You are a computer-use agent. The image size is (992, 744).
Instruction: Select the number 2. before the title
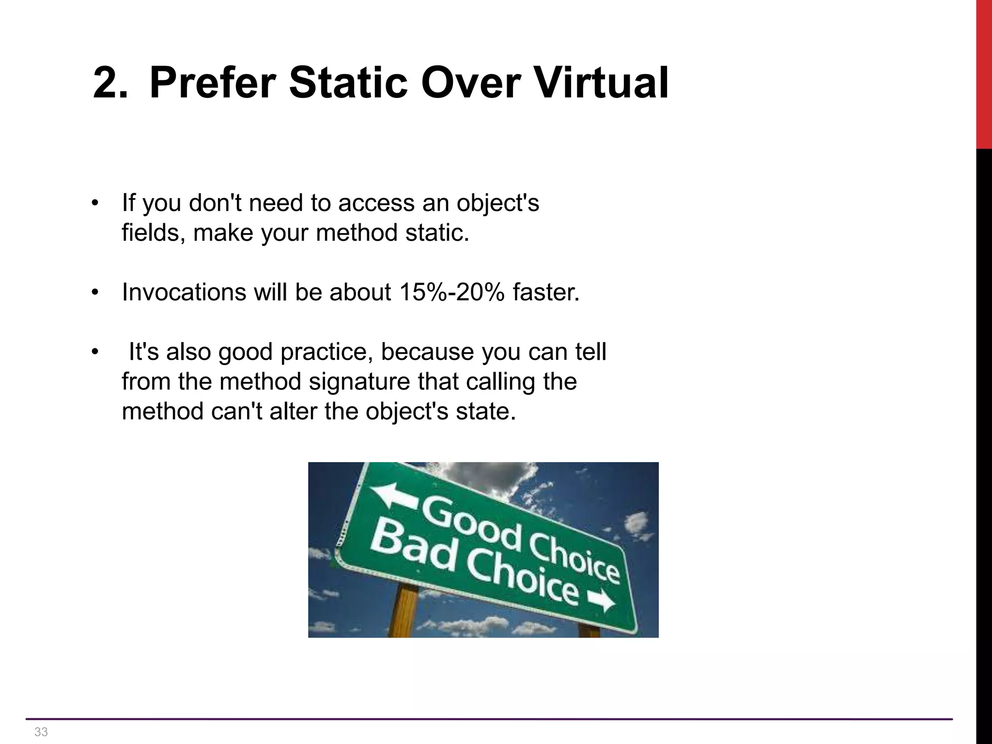tap(110, 83)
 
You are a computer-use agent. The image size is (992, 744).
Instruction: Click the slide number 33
tap(41, 732)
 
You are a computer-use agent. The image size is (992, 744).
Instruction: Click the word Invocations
tap(184, 292)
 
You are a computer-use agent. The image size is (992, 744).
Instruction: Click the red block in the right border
tap(984, 73)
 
